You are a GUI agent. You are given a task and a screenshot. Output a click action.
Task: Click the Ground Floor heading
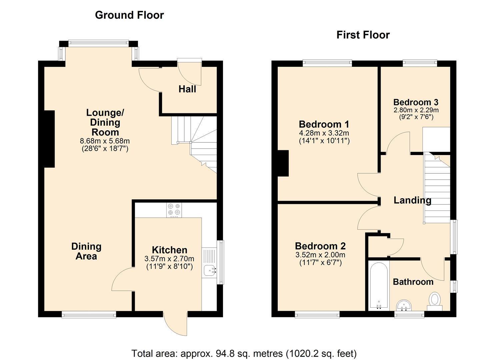click(x=129, y=15)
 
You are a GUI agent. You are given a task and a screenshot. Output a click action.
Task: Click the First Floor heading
click(x=363, y=35)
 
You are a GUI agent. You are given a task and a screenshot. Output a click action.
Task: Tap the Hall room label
click(x=187, y=89)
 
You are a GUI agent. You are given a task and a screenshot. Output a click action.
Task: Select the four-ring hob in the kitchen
click(x=174, y=210)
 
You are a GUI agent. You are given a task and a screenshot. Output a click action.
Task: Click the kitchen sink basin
click(x=209, y=270)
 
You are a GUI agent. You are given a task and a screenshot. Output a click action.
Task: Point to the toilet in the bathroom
click(x=435, y=301)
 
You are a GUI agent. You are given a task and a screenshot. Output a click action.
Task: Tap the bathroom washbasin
click(x=404, y=306)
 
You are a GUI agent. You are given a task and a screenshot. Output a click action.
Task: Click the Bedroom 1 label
click(x=324, y=124)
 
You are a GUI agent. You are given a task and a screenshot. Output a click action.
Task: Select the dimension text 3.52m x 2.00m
click(x=320, y=255)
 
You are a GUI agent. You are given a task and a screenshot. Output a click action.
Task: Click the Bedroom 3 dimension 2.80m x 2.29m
click(x=416, y=110)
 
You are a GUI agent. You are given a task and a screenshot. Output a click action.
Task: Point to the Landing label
click(x=412, y=200)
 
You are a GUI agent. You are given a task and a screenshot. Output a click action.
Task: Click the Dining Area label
click(x=86, y=251)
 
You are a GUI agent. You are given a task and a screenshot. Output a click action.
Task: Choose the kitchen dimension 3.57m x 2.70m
click(x=169, y=259)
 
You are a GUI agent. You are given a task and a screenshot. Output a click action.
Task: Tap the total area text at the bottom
click(x=244, y=353)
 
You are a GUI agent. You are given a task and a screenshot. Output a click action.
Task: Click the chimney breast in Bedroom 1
click(x=283, y=163)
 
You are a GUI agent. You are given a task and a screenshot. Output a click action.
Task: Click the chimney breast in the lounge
click(x=49, y=139)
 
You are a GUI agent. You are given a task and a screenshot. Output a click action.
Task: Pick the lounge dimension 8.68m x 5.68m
click(x=105, y=141)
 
